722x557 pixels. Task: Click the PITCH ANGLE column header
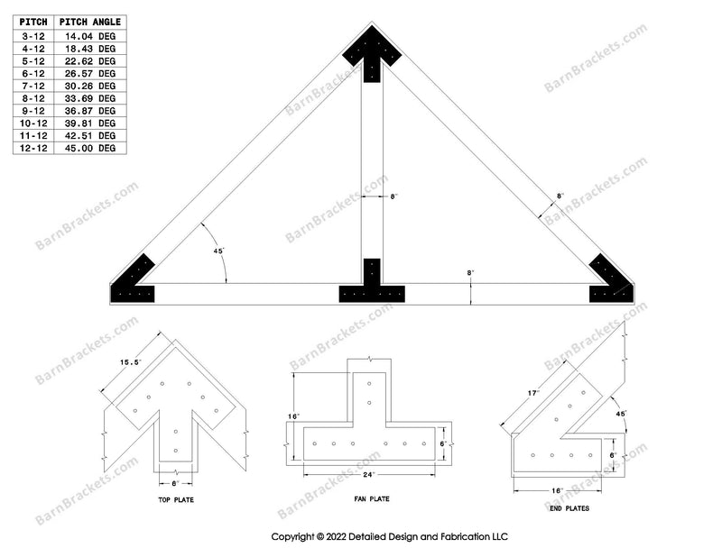[x=91, y=22]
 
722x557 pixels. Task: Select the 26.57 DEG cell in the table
[x=91, y=73]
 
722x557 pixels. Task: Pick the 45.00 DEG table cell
[x=91, y=147]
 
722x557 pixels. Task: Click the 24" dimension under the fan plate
[x=369, y=474]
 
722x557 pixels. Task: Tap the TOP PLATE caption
[x=175, y=499]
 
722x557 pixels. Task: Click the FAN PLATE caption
[x=370, y=499]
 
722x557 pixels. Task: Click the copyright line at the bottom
[x=391, y=535]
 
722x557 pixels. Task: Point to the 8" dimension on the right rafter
[x=560, y=196]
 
